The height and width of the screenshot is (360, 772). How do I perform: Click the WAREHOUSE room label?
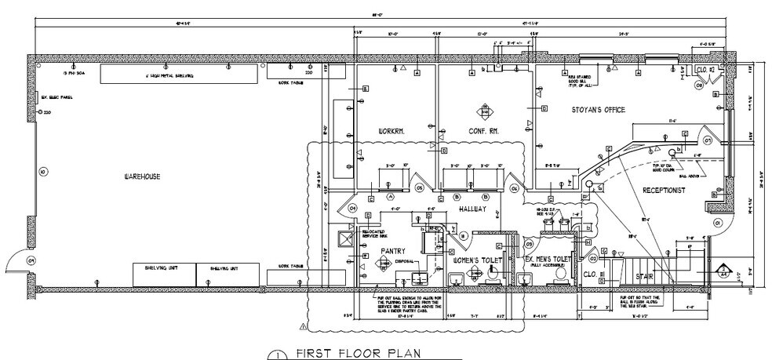click(141, 177)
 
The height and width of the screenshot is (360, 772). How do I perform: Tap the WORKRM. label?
click(391, 130)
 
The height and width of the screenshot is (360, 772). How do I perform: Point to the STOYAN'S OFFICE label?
click(598, 110)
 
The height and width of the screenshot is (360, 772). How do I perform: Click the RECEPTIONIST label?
click(665, 191)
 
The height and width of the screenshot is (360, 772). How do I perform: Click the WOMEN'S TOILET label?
click(476, 258)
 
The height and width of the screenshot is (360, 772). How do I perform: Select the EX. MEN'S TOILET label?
click(548, 258)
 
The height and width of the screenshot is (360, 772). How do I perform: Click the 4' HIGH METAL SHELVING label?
click(169, 75)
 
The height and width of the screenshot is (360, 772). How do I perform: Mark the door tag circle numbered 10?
click(42, 171)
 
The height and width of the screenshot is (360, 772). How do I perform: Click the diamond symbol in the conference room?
click(483, 111)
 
